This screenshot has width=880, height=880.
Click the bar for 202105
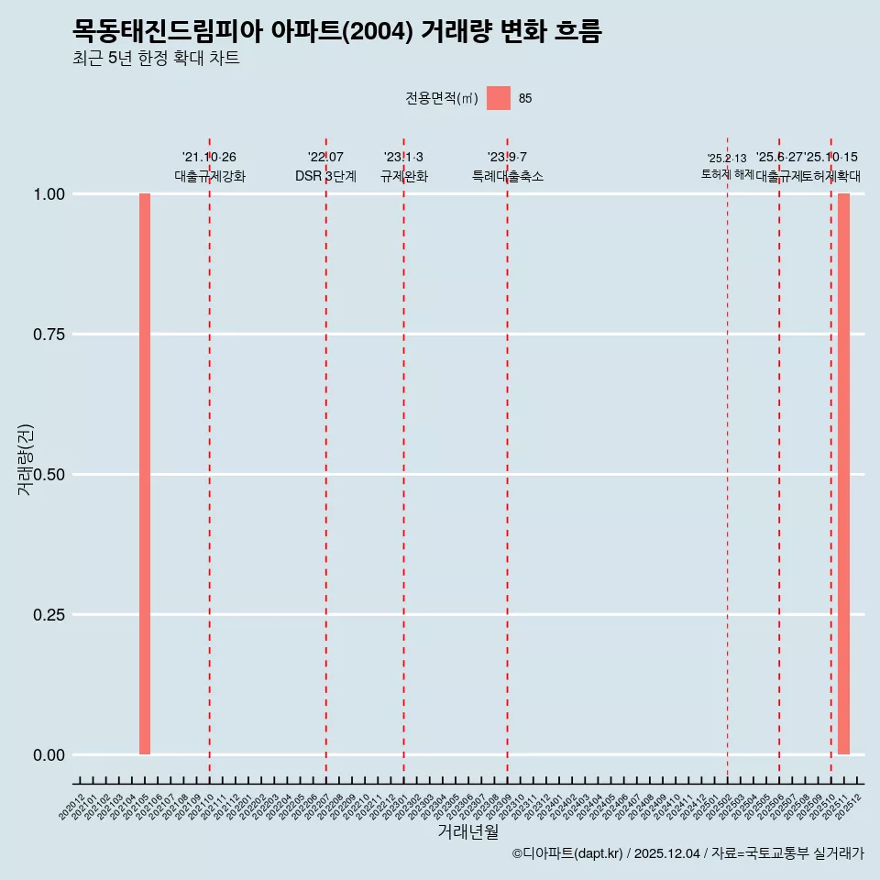[x=145, y=474]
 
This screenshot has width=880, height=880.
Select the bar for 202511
[x=843, y=474]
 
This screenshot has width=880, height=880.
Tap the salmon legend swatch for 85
[x=499, y=98]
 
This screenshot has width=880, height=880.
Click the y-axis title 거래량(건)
[x=25, y=459]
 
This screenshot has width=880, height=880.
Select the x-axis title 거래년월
[x=468, y=831]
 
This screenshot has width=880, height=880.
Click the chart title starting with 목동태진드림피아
[x=337, y=32]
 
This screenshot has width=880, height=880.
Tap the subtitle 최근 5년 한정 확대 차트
[x=156, y=60]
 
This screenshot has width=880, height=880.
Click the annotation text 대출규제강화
[x=210, y=176]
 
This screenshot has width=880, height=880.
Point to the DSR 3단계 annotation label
[x=325, y=176]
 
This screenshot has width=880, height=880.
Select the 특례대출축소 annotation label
[x=508, y=176]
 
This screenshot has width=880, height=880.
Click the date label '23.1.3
[x=403, y=158]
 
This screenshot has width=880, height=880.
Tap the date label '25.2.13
[x=727, y=159]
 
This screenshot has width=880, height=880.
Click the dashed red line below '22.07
[x=326, y=458]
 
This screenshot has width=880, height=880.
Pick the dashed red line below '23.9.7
[x=508, y=458]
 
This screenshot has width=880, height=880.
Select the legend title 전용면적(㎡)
[x=442, y=98]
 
